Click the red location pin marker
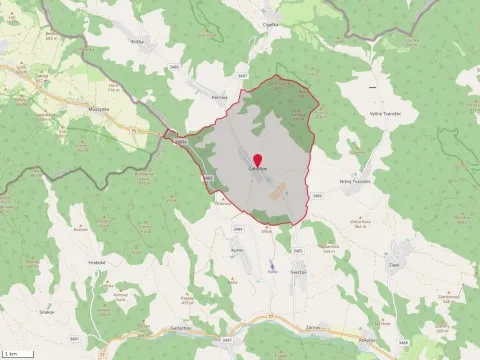pyautogui.click(x=257, y=160)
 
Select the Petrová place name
pyautogui.click(x=220, y=97)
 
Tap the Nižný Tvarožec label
pyautogui.click(x=355, y=181)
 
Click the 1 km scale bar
pyautogui.click(x=14, y=353)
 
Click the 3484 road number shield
pyautogui.click(x=238, y=230)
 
